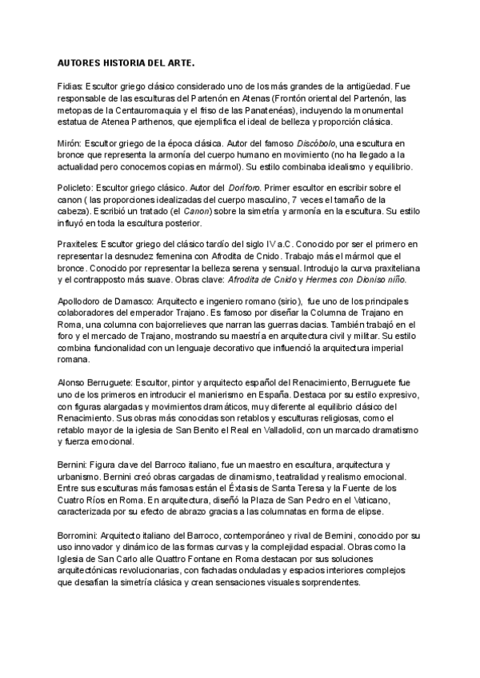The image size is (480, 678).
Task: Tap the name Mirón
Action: point(70,141)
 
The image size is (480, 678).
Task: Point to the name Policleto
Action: point(78,185)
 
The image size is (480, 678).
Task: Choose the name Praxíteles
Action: point(79,242)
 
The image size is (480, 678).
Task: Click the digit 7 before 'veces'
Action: point(296,197)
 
